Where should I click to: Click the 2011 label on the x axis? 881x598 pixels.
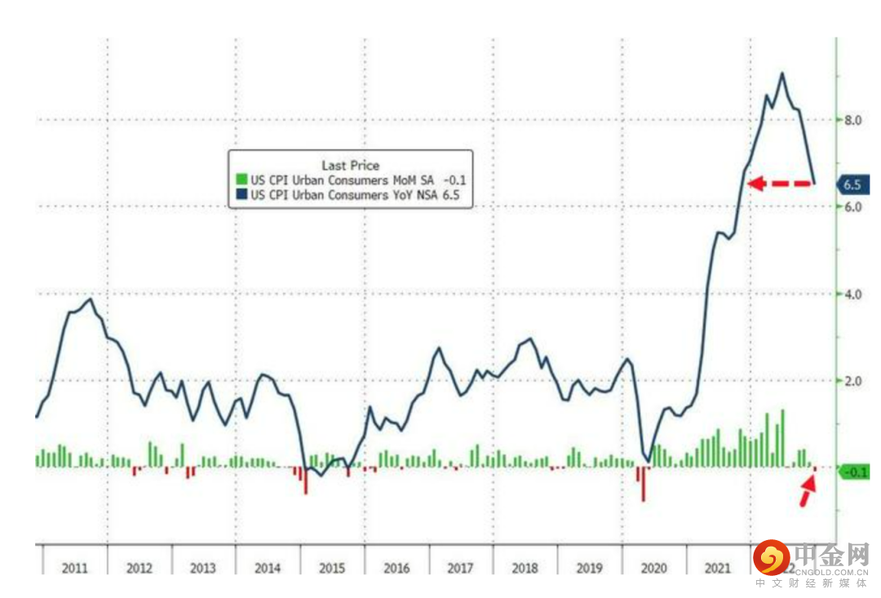click(x=74, y=568)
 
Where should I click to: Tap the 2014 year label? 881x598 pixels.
click(x=267, y=568)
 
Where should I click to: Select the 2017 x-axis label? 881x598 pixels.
click(x=461, y=568)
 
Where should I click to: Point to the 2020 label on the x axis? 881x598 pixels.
click(x=653, y=568)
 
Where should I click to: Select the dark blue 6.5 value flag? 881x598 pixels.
click(x=853, y=184)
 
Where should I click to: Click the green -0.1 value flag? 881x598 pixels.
click(x=856, y=472)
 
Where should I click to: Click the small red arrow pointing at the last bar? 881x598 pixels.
click(x=807, y=491)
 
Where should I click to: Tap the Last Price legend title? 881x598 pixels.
click(x=350, y=166)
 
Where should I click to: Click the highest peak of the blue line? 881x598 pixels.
click(x=782, y=73)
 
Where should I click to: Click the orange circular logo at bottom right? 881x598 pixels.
click(x=771, y=558)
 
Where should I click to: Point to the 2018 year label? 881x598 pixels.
click(x=525, y=568)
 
